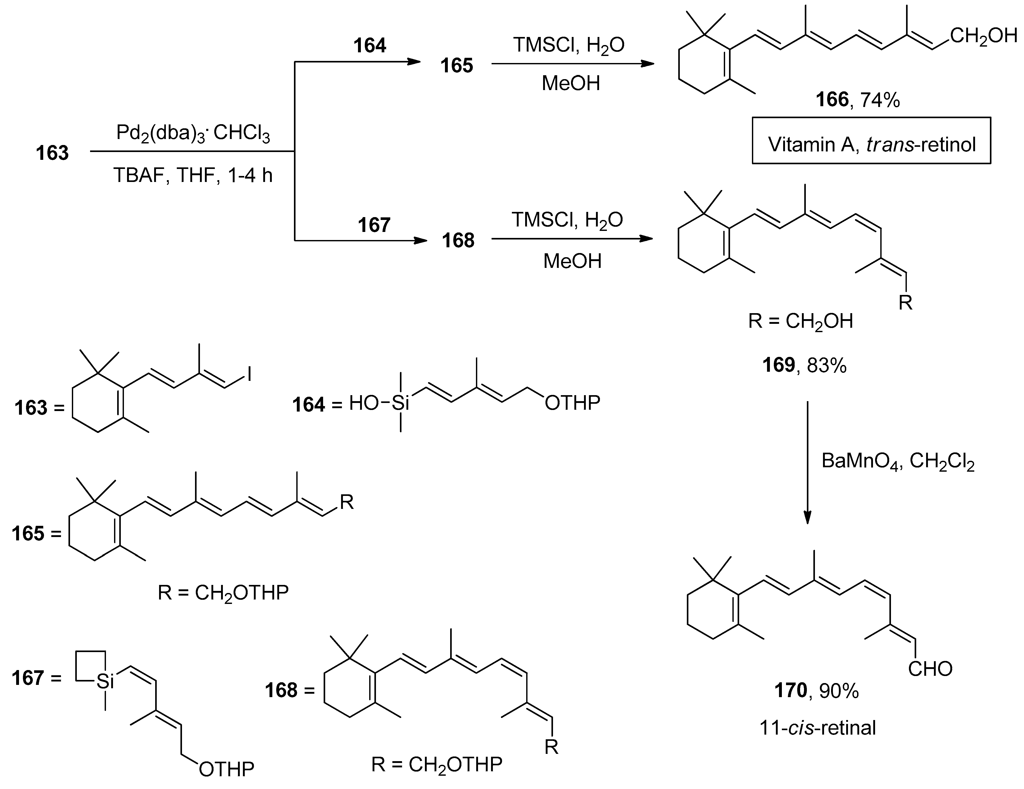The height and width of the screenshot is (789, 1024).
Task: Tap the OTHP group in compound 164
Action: click(x=572, y=403)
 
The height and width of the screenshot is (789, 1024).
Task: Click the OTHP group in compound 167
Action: click(x=227, y=769)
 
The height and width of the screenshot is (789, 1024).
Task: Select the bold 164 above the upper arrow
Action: click(x=369, y=46)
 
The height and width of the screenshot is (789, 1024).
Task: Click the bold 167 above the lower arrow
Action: click(x=374, y=225)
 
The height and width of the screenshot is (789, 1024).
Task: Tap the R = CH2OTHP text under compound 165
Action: click(x=223, y=593)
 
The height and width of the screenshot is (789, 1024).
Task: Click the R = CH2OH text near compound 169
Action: click(x=800, y=321)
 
